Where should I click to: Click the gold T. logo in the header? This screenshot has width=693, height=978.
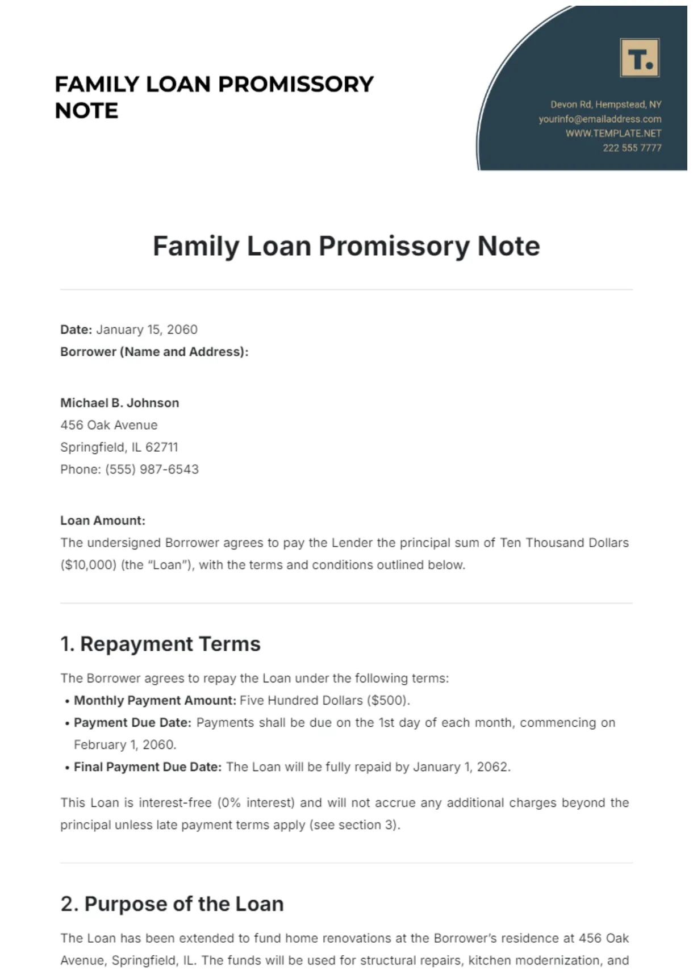tap(640, 58)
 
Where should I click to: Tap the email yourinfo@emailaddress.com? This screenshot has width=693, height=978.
tap(600, 119)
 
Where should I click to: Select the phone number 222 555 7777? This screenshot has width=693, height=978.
tap(632, 148)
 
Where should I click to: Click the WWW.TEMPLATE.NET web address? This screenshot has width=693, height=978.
tap(613, 133)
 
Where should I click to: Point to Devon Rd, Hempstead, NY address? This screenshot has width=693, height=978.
tap(606, 105)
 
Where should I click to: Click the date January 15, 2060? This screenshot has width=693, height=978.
tap(147, 330)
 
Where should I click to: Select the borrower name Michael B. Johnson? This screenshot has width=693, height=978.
tap(120, 403)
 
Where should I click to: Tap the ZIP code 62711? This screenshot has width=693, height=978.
tap(161, 447)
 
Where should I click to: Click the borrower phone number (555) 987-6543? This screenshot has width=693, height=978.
tap(152, 469)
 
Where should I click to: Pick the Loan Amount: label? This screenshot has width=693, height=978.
tap(103, 521)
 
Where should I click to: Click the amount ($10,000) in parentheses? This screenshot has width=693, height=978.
tap(88, 565)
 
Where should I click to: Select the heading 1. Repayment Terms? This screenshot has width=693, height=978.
tap(160, 644)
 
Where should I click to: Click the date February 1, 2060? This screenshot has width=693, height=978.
tap(125, 744)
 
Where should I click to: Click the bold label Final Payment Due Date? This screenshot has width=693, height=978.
tap(148, 767)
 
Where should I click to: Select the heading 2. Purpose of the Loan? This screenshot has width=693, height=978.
tap(172, 904)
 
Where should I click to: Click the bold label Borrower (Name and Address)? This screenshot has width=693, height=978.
tap(154, 352)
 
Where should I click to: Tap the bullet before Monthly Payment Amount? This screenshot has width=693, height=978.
tap(68, 701)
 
